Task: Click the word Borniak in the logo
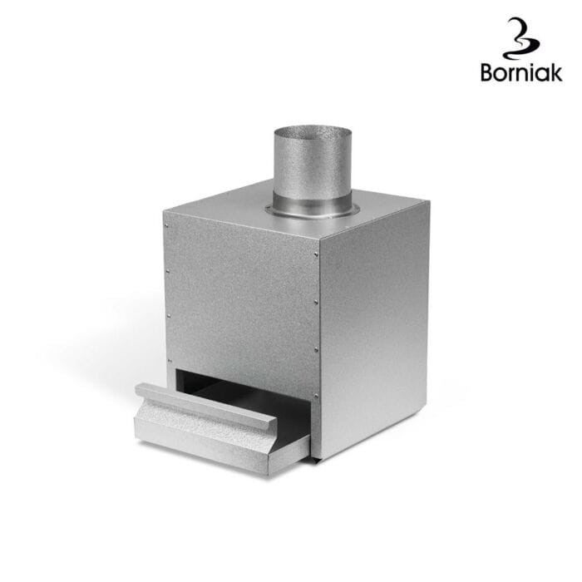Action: (521, 72)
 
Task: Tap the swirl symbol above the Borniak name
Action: (520, 38)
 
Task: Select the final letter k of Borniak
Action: (555, 72)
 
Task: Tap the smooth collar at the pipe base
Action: (312, 205)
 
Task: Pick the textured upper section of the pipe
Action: (312, 163)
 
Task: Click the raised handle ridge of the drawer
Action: (206, 406)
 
